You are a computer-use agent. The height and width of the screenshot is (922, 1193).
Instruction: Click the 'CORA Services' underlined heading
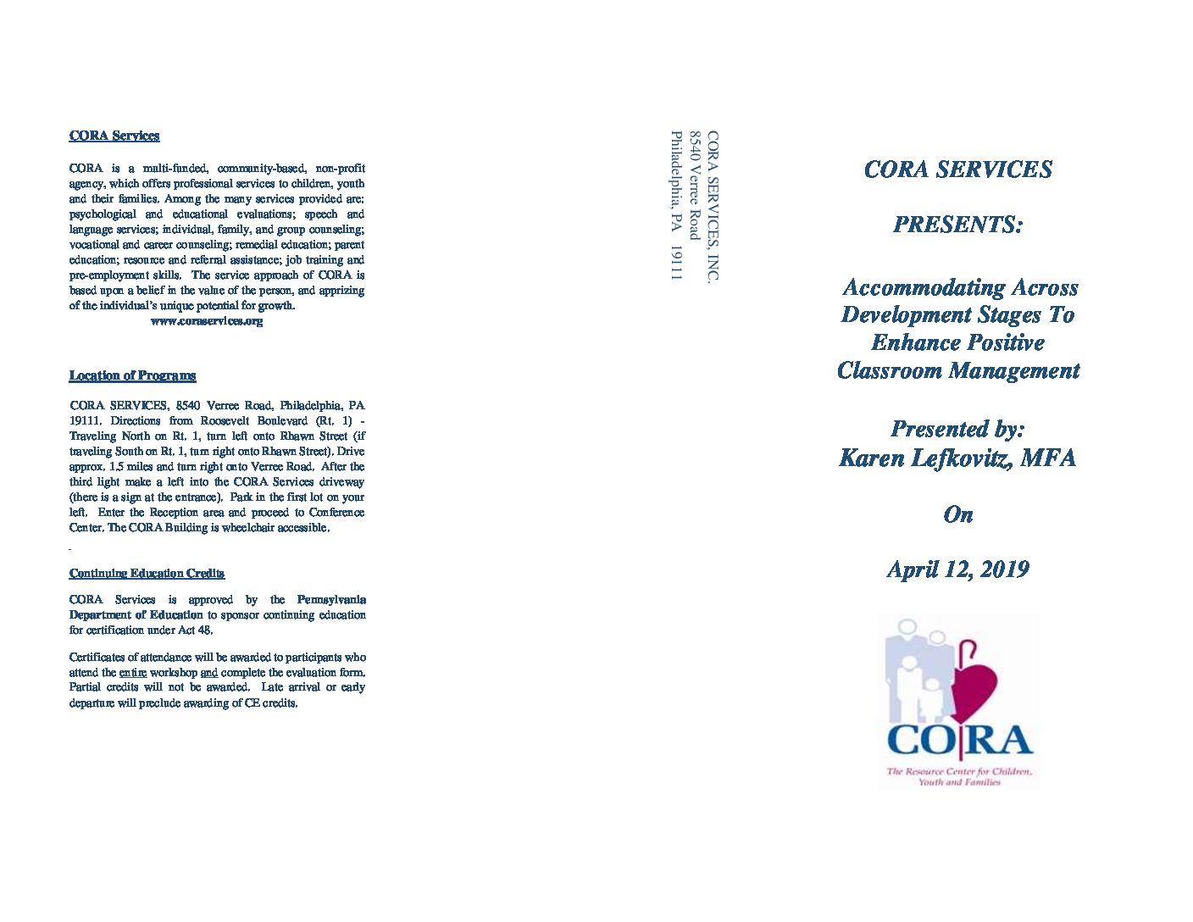pos(114,136)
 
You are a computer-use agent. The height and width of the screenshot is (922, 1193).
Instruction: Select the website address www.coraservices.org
pos(207,321)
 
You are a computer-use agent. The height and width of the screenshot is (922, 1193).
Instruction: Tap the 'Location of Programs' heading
pos(132,375)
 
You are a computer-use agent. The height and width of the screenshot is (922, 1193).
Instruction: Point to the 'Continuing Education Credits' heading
pos(147,574)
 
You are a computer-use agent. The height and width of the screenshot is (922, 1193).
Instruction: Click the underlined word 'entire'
pos(133,673)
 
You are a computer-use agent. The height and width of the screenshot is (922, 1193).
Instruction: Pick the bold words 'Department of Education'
pos(136,615)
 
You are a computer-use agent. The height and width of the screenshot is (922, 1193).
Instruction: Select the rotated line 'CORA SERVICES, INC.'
pos(713,206)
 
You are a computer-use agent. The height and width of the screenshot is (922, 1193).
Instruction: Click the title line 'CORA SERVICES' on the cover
pos(957,169)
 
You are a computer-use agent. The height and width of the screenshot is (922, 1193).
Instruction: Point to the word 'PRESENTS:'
pos(957,225)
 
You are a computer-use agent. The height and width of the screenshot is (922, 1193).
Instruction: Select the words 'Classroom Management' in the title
pos(958,371)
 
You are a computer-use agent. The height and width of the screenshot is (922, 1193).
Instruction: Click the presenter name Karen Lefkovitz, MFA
pos(957,458)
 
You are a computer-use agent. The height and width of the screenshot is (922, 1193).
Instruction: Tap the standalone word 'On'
pos(958,514)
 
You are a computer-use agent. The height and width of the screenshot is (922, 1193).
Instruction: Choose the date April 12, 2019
pos(957,569)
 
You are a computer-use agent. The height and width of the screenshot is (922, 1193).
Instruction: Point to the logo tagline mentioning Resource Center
pos(959,776)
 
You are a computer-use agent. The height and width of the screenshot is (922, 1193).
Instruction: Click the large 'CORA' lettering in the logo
pos(959,741)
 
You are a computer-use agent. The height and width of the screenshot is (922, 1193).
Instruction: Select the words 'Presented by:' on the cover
pos(957,430)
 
